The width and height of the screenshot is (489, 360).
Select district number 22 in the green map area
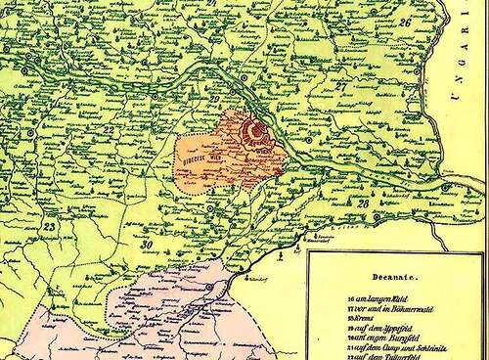point(111,129)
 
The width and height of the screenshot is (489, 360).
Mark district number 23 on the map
point(50,227)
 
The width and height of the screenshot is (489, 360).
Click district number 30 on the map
point(147,244)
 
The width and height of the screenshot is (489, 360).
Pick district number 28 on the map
point(362,203)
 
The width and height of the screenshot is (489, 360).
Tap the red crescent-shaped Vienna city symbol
point(256,128)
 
